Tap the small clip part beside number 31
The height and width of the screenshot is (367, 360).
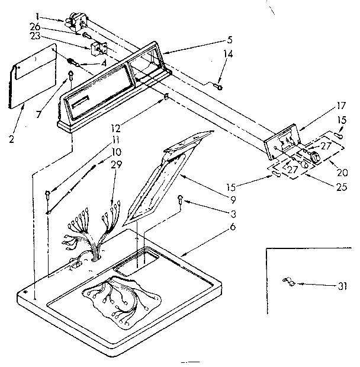tap(289, 281)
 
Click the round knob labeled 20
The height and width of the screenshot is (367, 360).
tap(315, 157)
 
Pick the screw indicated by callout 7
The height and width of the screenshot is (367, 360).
tap(71, 75)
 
